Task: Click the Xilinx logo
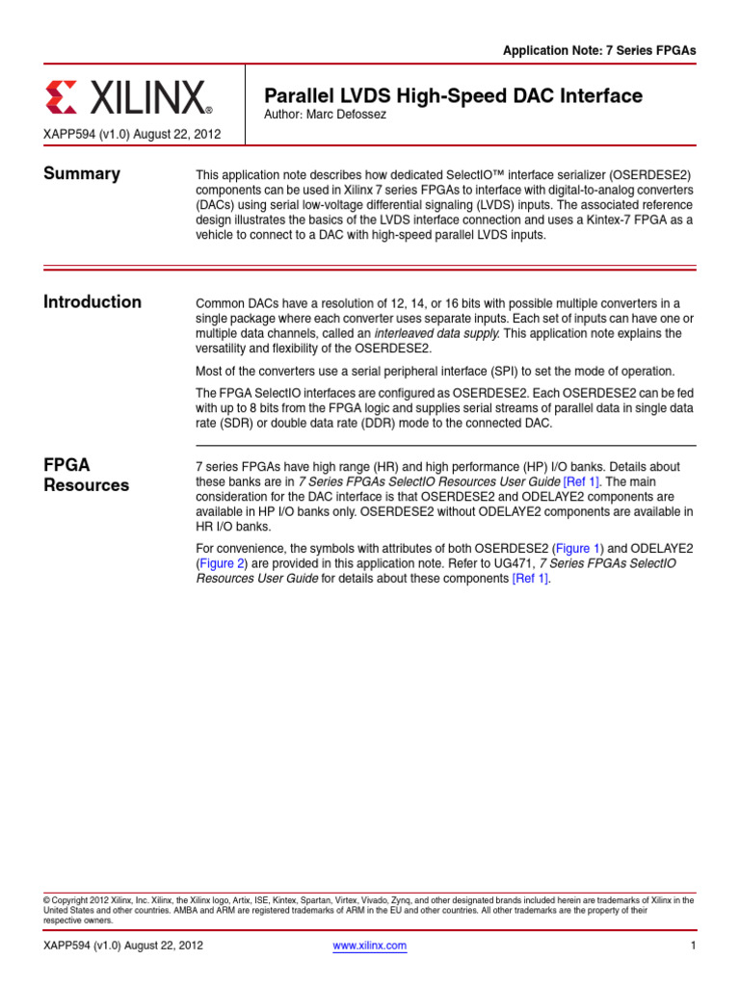click(x=127, y=97)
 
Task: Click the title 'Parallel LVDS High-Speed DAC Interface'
click(x=453, y=95)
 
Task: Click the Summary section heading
click(x=82, y=174)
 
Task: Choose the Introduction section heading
click(x=92, y=302)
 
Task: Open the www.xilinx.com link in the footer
click(x=370, y=947)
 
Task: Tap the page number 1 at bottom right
click(x=692, y=947)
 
